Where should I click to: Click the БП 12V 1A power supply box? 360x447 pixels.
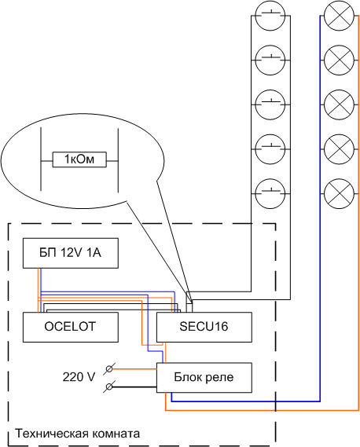(71, 253)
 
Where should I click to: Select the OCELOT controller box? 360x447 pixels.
(71, 327)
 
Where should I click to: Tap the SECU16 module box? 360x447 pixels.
(204, 327)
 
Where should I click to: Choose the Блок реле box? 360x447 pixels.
(204, 377)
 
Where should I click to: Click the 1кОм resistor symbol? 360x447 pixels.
(79, 159)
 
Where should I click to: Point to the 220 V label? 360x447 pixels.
(79, 377)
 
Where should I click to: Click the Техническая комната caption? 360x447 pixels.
(78, 434)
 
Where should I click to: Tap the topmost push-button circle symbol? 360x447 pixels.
(270, 16)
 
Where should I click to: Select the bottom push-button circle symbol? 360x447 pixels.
(270, 193)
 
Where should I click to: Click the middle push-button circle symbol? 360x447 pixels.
(270, 104)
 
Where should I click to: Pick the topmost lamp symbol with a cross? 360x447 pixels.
(340, 16)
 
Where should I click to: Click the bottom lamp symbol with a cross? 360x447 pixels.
(340, 193)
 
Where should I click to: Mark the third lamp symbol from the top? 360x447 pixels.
(340, 104)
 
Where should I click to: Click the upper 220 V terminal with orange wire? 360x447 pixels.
(109, 369)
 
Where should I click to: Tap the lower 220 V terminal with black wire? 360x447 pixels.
(109, 387)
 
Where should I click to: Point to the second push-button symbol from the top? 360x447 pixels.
(270, 60)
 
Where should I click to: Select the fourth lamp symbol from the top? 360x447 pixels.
(340, 149)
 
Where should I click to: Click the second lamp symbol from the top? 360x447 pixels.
(340, 60)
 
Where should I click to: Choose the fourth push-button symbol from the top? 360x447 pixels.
(270, 149)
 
